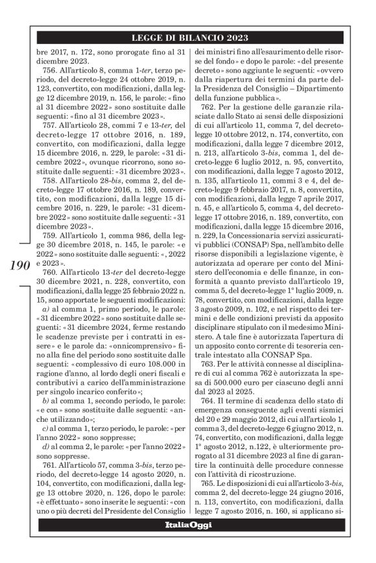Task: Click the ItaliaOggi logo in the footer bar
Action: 188,542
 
